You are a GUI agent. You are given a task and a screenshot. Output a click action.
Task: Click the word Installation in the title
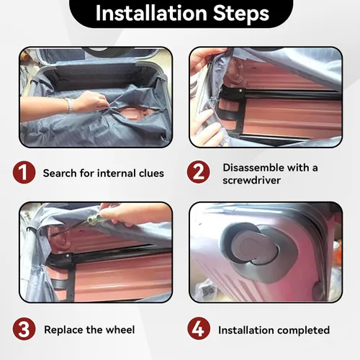tap(151, 13)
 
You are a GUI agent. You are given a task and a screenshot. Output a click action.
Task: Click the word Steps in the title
tap(241, 13)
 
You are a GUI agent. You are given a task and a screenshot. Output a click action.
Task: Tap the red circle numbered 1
tap(24, 173)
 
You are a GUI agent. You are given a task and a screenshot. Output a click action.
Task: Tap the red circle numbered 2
tap(198, 172)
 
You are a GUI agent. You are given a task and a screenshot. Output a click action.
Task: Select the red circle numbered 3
tap(24, 329)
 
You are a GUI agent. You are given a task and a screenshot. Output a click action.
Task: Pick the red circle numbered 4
tap(199, 328)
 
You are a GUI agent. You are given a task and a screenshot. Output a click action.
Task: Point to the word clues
tap(151, 173)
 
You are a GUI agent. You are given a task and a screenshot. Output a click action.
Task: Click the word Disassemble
tap(253, 168)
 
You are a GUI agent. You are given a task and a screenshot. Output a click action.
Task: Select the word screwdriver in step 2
tap(251, 180)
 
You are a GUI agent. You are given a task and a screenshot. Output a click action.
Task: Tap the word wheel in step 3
tap(120, 330)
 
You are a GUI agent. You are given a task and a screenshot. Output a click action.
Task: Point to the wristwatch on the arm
tap(70, 105)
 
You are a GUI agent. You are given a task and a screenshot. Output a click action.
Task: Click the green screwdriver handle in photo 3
tap(94, 219)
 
